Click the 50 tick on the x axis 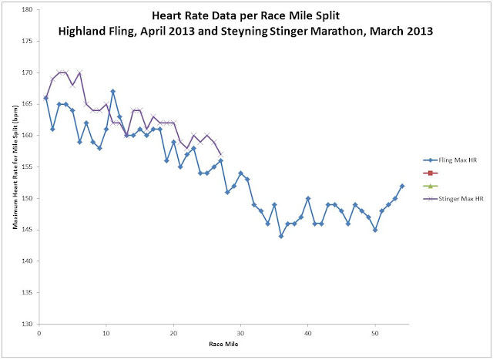[x=375, y=333]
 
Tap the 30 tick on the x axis [x=240, y=333]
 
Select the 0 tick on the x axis [x=39, y=333]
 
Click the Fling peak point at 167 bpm [x=113, y=92]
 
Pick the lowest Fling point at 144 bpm [x=281, y=236]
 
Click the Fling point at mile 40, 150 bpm [x=308, y=198]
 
